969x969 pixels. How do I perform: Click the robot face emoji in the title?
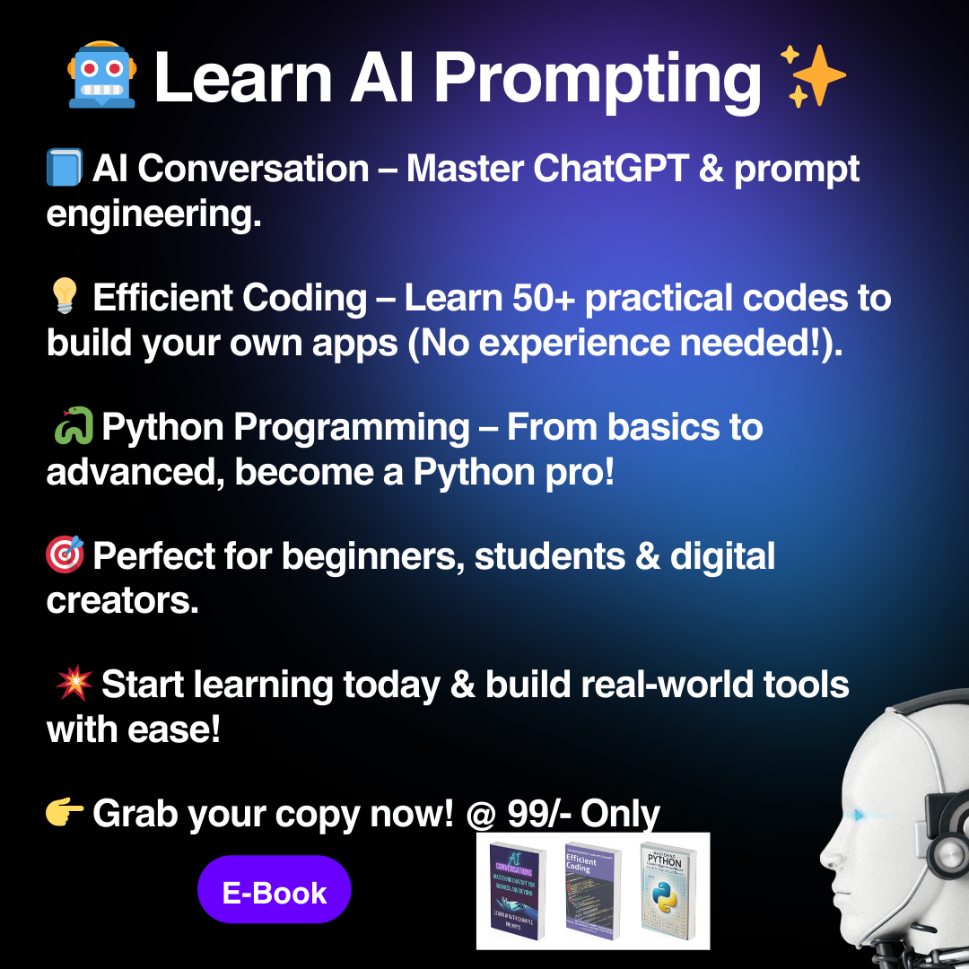[x=101, y=74]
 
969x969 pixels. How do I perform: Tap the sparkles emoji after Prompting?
[x=813, y=75]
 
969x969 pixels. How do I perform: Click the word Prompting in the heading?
[x=598, y=79]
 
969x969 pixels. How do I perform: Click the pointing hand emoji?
[x=65, y=814]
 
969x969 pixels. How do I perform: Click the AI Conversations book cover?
[x=519, y=890]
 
